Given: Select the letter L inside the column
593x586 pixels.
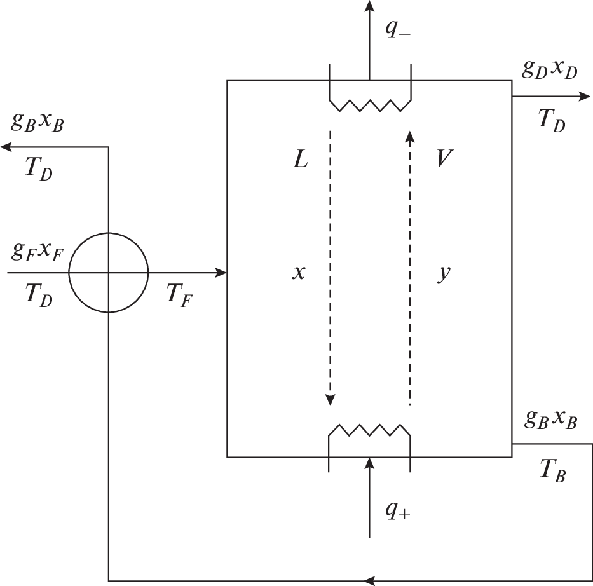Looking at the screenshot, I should pyautogui.click(x=299, y=160).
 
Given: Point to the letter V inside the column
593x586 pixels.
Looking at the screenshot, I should pyautogui.click(x=444, y=160).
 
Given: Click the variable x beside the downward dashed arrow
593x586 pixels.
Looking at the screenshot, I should pyautogui.click(x=299, y=273).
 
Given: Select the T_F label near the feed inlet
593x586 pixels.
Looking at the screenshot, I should pyautogui.click(x=180, y=294).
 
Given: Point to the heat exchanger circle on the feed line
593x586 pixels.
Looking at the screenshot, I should pyautogui.click(x=109, y=273).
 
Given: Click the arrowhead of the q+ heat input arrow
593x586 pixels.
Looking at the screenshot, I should pyautogui.click(x=369, y=461).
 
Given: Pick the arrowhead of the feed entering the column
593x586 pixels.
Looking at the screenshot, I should pyautogui.click(x=221, y=273).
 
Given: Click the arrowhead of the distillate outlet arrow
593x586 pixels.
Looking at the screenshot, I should pyautogui.click(x=584, y=97).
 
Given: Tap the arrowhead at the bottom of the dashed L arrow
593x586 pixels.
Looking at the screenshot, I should pyautogui.click(x=330, y=400).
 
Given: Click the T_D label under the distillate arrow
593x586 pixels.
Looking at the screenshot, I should pyautogui.click(x=551, y=119).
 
